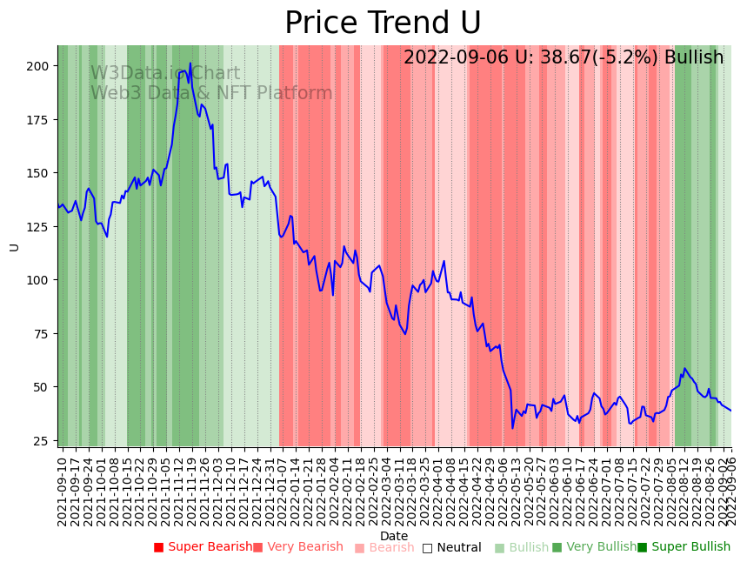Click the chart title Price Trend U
coord(383,23)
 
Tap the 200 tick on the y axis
coord(37,66)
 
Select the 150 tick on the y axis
coord(37,173)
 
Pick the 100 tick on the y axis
coord(37,280)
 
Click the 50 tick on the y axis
coord(42,387)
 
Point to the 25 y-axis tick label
coord(42,440)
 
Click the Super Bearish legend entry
coord(202,547)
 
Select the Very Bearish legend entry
coord(298,547)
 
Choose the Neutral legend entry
coord(451,548)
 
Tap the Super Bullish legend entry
coord(684,547)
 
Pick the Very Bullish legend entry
coord(594,547)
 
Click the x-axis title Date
coord(394,536)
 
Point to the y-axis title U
coord(14,247)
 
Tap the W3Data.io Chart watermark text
coord(165,74)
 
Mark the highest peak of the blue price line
coord(190,63)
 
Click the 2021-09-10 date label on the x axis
coord(63,491)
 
